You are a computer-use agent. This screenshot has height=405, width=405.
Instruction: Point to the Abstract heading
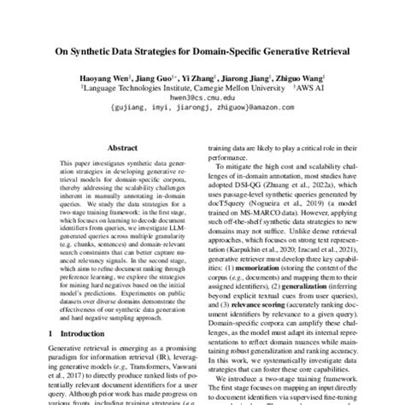click(x=115, y=146)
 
